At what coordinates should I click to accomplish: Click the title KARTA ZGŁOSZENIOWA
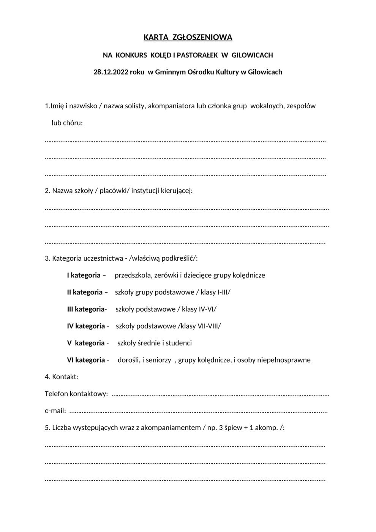[188, 37]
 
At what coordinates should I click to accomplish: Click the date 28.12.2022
[111, 72]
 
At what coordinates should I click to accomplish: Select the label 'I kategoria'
[84, 275]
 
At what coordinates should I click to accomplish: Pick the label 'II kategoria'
[85, 292]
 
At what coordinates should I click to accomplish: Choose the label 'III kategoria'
[86, 309]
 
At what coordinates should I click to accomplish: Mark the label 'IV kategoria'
[86, 326]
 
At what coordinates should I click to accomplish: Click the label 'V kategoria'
[85, 343]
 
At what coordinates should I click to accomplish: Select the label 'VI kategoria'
[86, 360]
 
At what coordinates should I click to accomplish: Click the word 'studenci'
[179, 343]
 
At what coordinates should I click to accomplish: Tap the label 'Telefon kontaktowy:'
[76, 394]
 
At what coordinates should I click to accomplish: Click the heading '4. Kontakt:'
[62, 377]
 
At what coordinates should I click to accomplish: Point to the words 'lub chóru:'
[67, 123]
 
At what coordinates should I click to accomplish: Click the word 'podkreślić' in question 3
[178, 258]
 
